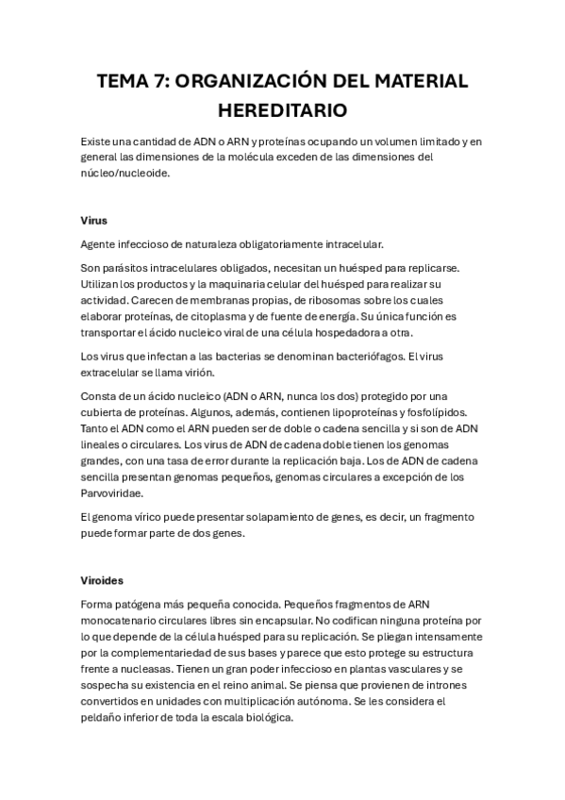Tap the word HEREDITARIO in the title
coord(282,110)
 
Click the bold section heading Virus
coord(94,221)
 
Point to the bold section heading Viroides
coord(102,580)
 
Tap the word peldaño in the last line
coord(104,717)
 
